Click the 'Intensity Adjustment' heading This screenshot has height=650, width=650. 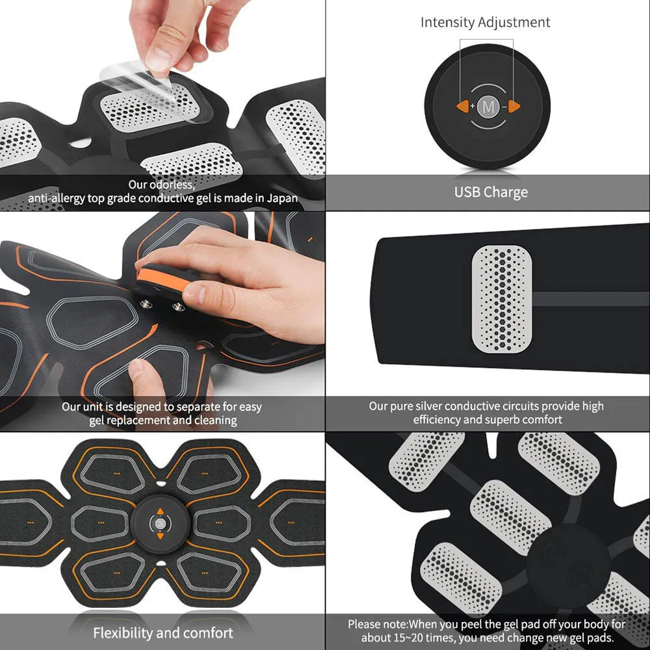click(x=485, y=22)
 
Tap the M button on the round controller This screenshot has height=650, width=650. click(x=487, y=105)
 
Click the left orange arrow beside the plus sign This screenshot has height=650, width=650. click(x=462, y=105)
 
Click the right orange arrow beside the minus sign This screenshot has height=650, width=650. click(x=513, y=105)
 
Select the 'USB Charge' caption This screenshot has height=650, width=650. click(x=491, y=192)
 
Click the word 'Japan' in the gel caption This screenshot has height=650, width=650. click(x=283, y=198)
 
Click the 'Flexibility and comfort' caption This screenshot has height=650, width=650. click(x=162, y=632)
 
